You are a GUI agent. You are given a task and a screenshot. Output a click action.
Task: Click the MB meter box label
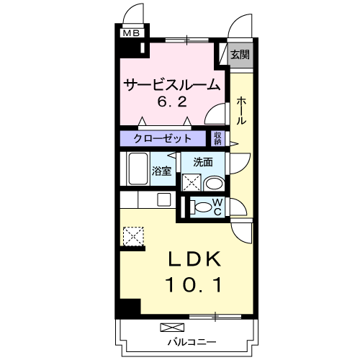click(x=131, y=33)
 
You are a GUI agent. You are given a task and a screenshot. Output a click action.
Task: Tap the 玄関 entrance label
click(x=240, y=55)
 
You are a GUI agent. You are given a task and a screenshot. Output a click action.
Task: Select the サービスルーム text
click(x=172, y=85)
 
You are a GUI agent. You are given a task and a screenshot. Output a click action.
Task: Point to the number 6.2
click(x=172, y=102)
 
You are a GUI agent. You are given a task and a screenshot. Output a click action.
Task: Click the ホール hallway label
click(x=241, y=111)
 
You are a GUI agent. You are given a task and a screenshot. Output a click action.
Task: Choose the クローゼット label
click(x=163, y=138)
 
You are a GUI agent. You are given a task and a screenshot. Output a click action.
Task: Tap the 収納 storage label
click(x=217, y=138)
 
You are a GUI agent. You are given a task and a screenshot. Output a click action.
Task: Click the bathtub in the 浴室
click(x=138, y=168)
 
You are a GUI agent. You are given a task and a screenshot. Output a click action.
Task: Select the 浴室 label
click(x=161, y=171)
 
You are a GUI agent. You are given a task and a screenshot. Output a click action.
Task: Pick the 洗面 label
click(x=203, y=163)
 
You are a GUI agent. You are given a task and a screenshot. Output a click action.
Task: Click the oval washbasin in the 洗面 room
click(x=215, y=184)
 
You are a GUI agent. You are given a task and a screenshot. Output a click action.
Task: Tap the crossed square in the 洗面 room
click(x=192, y=182)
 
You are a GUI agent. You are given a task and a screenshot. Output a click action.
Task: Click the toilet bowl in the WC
click(x=201, y=207)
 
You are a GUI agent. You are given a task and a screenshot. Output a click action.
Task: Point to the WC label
click(x=217, y=207)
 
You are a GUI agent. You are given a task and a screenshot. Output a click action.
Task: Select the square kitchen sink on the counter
click(x=164, y=199)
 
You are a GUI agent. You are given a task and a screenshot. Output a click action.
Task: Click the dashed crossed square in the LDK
click(x=133, y=236)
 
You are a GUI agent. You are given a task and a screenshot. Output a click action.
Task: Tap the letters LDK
click(x=194, y=259)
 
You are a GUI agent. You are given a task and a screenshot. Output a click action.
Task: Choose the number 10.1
click(x=194, y=285)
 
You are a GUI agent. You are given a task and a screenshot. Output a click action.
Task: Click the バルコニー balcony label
click(x=192, y=342)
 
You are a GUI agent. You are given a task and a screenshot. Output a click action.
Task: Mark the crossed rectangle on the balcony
click(x=172, y=328)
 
